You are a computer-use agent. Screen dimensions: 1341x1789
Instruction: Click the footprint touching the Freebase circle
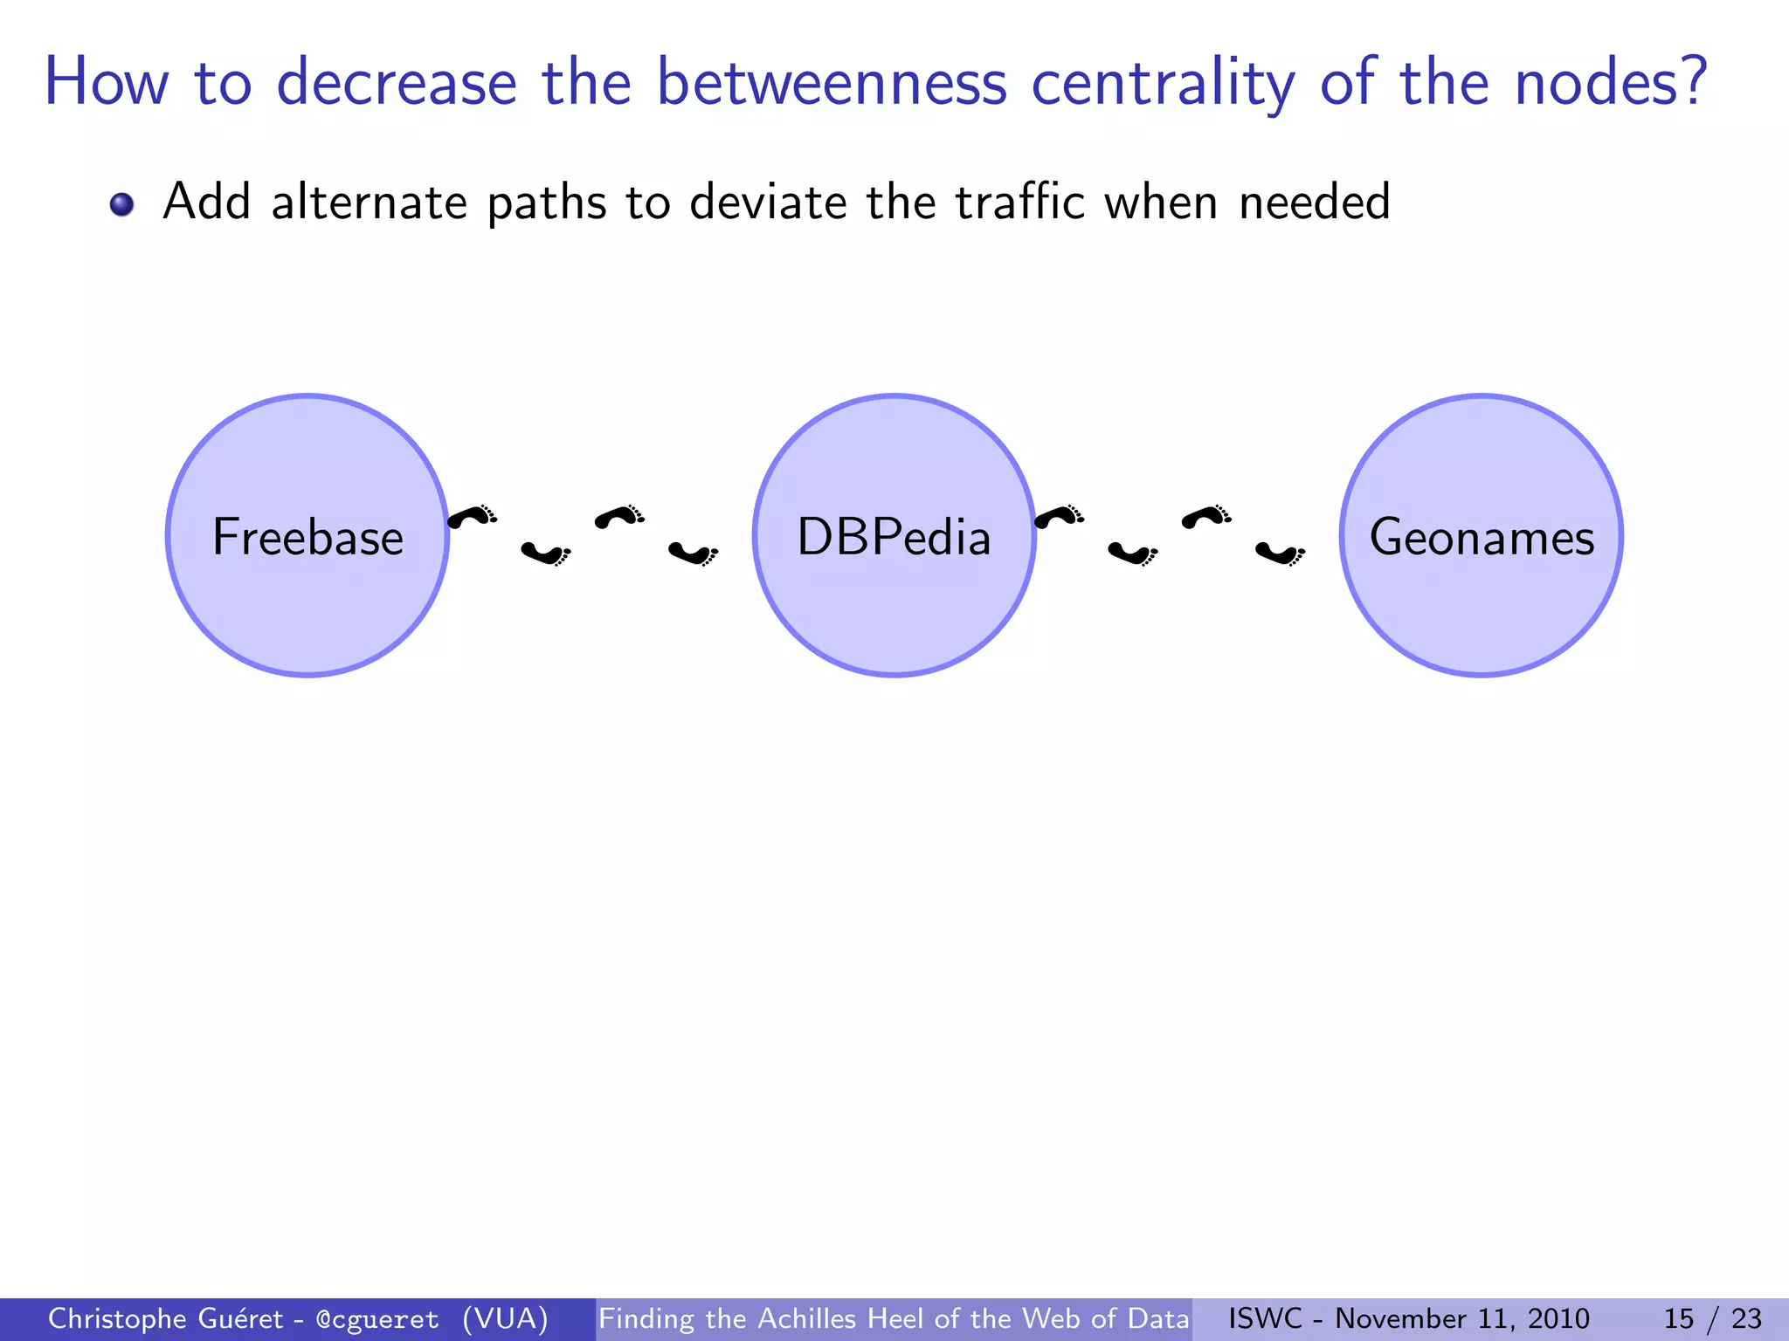tap(472, 517)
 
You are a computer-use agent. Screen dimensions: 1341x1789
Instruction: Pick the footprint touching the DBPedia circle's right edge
tap(1059, 517)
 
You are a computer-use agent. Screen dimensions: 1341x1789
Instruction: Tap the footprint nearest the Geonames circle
tap(1280, 553)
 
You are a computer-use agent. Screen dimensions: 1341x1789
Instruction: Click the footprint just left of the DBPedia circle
tap(693, 553)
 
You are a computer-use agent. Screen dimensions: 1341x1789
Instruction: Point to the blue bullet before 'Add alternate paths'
tap(121, 204)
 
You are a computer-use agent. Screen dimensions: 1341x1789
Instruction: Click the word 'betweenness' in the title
tap(831, 83)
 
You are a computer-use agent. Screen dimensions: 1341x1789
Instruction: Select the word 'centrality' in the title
tap(1163, 83)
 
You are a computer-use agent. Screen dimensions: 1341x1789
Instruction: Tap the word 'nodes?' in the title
tap(1610, 83)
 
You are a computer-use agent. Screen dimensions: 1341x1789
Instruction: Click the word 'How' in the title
tap(106, 83)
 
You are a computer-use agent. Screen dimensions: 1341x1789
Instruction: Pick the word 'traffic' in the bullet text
tap(1019, 203)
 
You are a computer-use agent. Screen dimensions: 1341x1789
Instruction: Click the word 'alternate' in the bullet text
tap(369, 203)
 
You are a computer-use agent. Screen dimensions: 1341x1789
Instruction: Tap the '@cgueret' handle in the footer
tap(377, 1319)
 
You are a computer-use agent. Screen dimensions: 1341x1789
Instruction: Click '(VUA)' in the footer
tap(505, 1319)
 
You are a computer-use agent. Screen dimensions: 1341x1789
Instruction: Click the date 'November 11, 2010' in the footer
tap(1461, 1319)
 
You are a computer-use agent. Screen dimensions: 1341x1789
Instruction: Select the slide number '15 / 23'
tap(1711, 1319)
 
